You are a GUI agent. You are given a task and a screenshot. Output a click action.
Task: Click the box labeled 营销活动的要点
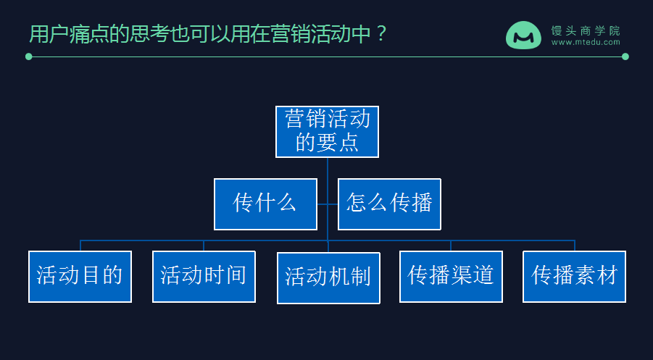(x=327, y=131)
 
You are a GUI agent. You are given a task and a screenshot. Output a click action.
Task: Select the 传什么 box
(x=265, y=204)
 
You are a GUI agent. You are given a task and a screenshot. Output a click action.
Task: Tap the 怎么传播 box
(x=389, y=204)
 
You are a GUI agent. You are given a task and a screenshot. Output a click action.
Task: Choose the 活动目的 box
(x=80, y=276)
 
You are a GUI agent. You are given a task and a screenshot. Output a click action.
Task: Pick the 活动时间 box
(x=204, y=276)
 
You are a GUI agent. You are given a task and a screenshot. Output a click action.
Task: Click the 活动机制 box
(x=328, y=277)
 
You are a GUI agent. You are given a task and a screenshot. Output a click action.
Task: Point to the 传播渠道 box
(x=451, y=276)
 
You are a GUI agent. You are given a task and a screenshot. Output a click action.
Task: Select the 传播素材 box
(x=574, y=276)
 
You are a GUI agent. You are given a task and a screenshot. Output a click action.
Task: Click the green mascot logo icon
(x=523, y=35)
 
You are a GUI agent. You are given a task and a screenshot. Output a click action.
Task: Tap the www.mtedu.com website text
(x=586, y=43)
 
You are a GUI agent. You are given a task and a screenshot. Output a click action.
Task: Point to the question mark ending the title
(x=382, y=34)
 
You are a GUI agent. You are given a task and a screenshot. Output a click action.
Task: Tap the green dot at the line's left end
(x=29, y=56)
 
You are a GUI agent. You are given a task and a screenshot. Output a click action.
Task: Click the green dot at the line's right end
(x=625, y=56)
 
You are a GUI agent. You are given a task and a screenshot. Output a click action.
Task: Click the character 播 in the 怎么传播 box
(x=421, y=204)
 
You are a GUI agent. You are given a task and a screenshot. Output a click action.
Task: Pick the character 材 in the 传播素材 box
(x=607, y=276)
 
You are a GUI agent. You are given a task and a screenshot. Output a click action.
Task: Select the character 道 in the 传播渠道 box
(x=483, y=276)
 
